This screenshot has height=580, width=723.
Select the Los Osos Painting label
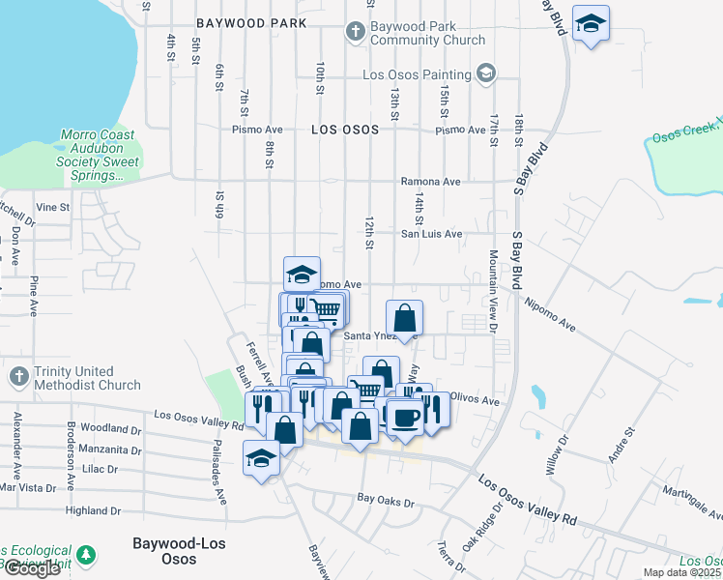417,74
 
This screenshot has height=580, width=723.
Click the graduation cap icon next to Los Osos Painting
486,73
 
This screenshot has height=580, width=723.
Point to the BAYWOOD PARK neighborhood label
250,22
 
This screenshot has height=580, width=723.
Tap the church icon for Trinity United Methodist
17,375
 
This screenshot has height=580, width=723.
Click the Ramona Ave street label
430,182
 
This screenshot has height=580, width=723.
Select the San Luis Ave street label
432,234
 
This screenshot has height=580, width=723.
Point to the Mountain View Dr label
493,290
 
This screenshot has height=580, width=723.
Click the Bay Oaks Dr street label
385,503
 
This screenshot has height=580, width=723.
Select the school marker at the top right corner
590,23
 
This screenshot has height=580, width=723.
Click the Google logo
31,568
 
